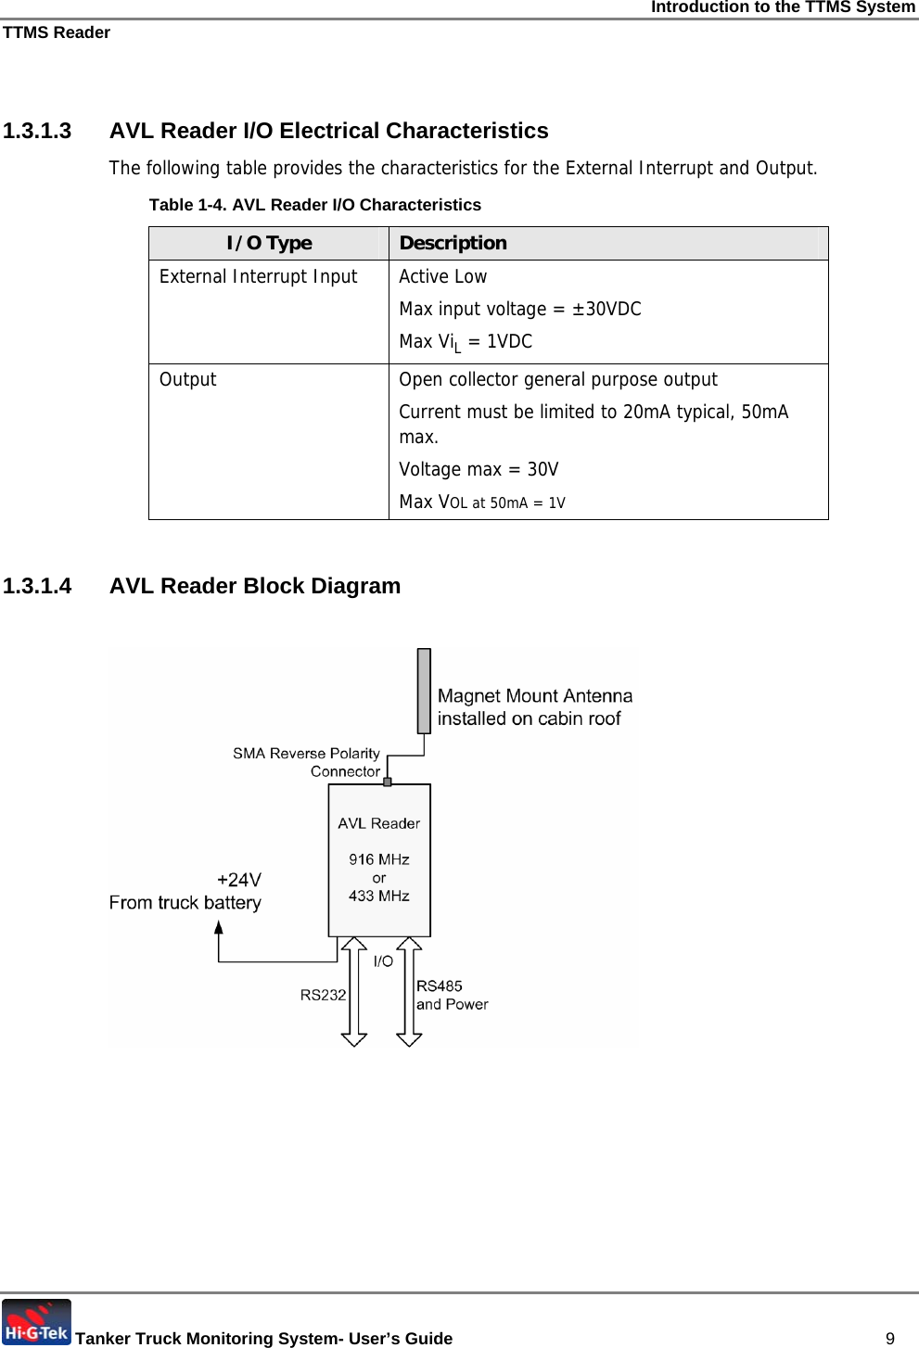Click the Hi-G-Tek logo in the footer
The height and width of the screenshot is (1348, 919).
pyautogui.click(x=36, y=1322)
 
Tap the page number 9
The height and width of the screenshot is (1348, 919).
pyautogui.click(x=890, y=1338)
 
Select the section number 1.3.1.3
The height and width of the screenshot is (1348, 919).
pyautogui.click(x=37, y=131)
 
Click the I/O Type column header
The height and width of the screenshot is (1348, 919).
pyautogui.click(x=269, y=243)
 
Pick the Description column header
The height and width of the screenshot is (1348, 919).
pyautogui.click(x=453, y=243)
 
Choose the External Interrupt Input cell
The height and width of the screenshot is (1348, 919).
pyautogui.click(x=258, y=276)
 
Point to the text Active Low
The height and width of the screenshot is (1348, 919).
pyautogui.click(x=442, y=276)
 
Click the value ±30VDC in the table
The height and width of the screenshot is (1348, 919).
pyautogui.click(x=606, y=309)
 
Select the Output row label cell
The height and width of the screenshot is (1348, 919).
pyautogui.click(x=188, y=379)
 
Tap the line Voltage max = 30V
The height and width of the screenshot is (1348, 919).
pyautogui.click(x=479, y=469)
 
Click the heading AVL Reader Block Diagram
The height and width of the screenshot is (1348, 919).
pyautogui.click(x=255, y=586)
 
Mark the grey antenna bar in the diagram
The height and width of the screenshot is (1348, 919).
pyautogui.click(x=424, y=690)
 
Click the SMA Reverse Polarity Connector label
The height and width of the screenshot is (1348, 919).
pyautogui.click(x=307, y=762)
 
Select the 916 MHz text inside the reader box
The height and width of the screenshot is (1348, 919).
pyautogui.click(x=379, y=859)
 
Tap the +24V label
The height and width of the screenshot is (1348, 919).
pyautogui.click(x=239, y=880)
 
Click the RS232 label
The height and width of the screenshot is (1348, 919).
pyautogui.click(x=323, y=995)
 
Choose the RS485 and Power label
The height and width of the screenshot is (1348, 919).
pyautogui.click(x=452, y=995)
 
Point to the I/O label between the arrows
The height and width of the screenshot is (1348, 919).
pyautogui.click(x=383, y=961)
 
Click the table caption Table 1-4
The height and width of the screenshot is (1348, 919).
pyautogui.click(x=315, y=205)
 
